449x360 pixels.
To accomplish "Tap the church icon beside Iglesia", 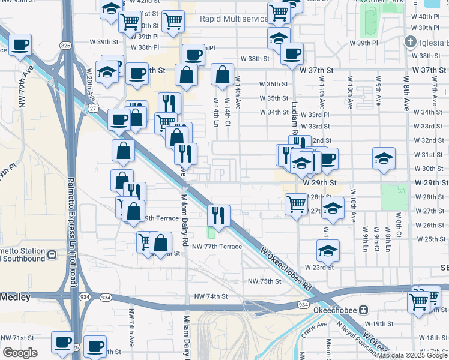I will point(410,43).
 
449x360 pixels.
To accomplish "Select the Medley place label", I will point(11,296).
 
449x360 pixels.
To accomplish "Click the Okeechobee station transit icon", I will point(362,310).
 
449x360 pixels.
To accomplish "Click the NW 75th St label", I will point(265,281).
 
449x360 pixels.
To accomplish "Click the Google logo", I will point(20,353).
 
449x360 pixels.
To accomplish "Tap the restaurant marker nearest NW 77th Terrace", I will point(218,215).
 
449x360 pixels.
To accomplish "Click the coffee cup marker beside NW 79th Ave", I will point(20,44).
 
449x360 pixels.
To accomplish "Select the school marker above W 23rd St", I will point(328,250).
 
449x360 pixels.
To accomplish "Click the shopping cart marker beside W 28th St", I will point(296,204).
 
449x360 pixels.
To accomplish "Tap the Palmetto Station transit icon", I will point(52,254).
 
